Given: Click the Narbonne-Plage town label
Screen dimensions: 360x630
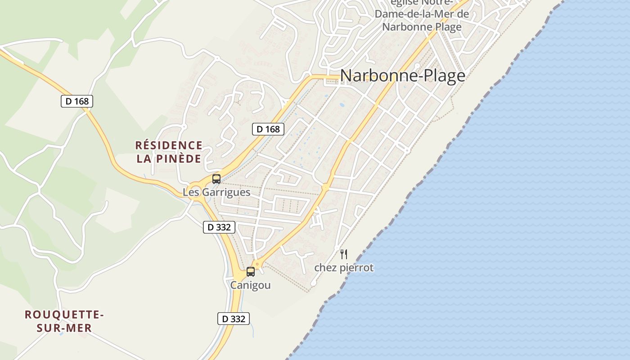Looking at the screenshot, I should coord(402,76).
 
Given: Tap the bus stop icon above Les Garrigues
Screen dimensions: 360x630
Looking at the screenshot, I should coord(216,179).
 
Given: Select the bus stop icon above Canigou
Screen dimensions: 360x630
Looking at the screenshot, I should coord(251,272).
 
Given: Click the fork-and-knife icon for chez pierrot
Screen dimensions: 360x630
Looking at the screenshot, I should coord(344,254).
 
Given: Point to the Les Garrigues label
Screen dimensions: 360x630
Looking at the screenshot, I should coord(216,192).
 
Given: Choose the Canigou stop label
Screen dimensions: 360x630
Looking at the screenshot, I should coord(251,285).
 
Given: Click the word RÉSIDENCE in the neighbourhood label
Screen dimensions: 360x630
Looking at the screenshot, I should coord(169,145).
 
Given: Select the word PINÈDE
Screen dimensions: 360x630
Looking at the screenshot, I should coord(179,159).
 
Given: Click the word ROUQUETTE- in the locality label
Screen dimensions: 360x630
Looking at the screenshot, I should coord(64,315).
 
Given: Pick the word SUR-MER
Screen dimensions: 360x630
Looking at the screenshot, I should coord(64,328).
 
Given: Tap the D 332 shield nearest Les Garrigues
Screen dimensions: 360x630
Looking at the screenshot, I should coord(219,227).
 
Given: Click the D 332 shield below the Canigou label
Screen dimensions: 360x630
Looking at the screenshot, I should coord(234,319).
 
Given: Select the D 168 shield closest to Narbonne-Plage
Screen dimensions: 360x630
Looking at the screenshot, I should coord(268,129).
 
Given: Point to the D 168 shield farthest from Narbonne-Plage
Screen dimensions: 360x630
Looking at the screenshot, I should coord(77,101).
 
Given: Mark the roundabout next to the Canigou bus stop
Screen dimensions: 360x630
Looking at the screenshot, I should coord(257,264).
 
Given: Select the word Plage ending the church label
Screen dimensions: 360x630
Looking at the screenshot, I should coord(448,27).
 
